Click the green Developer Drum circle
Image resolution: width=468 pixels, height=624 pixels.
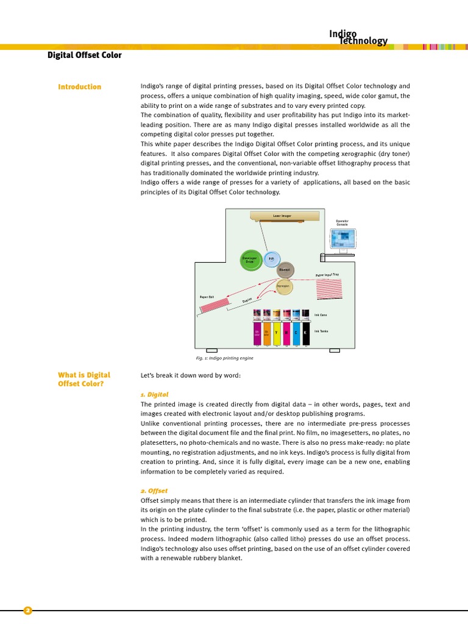point(251,260)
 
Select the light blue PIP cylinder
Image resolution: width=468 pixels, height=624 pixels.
point(272,259)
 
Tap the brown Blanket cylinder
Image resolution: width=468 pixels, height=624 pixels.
point(285,270)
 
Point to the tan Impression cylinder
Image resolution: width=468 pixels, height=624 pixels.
point(283,286)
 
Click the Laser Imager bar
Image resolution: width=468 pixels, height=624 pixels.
point(284,216)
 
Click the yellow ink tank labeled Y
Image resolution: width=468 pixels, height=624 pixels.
point(277,333)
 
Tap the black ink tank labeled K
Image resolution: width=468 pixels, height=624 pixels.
point(305,333)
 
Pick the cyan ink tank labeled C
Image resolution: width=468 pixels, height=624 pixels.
point(296,333)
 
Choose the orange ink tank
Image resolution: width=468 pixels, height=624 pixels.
point(266,333)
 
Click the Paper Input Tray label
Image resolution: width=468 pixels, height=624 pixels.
point(327,275)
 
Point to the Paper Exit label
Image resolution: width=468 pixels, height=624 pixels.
point(207,297)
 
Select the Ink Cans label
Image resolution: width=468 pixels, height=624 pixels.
point(321,315)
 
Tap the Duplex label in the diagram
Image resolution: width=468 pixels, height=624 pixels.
point(247,300)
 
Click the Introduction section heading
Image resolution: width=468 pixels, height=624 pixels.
point(79,87)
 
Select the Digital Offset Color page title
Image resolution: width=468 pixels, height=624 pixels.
point(85,55)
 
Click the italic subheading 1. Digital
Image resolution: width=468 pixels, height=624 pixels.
point(154,395)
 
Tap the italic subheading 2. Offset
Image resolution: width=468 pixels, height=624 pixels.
point(154,491)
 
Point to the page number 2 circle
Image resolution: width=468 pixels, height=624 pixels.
point(27,611)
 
